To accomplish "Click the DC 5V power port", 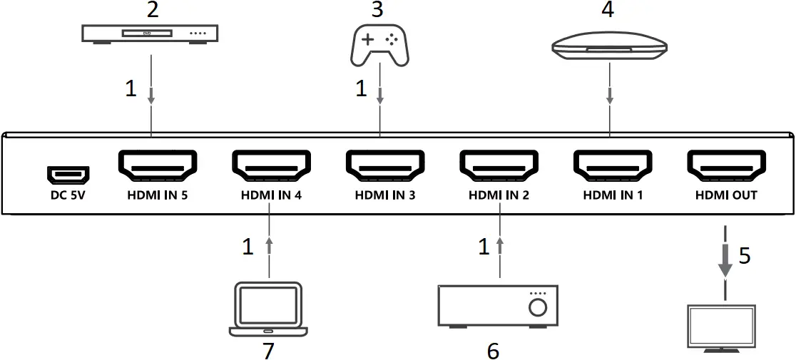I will (68, 173).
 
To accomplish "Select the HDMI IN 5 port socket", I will (156, 167).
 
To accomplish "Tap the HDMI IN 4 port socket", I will (270, 167).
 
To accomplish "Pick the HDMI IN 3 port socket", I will (384, 167).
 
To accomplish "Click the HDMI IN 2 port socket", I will (499, 167).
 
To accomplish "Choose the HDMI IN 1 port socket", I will (613, 167).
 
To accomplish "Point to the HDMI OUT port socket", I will (727, 167).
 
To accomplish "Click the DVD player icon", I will (150, 34).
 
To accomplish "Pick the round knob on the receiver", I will (539, 307).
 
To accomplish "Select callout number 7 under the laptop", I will (268, 350).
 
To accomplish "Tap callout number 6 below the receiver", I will (493, 350).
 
